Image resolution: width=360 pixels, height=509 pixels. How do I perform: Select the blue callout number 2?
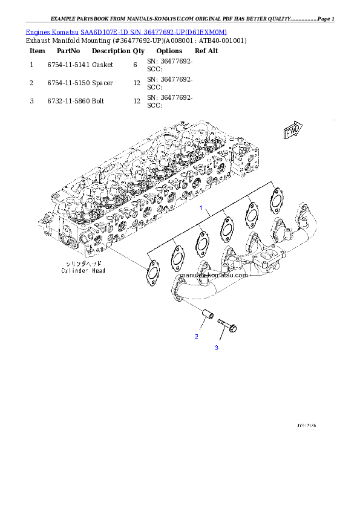(196, 336)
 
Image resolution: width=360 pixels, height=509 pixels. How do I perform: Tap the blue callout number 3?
(216, 348)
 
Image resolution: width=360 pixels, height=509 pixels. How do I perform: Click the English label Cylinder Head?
(83, 271)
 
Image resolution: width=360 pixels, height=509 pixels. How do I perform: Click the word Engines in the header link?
(37, 31)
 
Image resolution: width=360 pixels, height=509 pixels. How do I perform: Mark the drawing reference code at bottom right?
(306, 426)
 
